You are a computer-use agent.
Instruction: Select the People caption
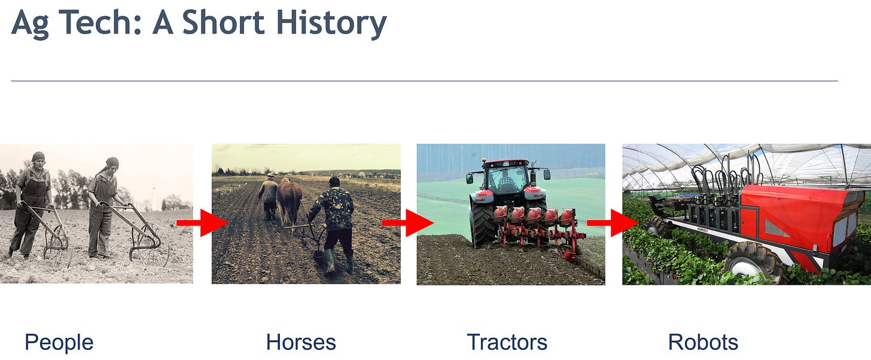point(59,343)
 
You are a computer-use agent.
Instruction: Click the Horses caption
point(301,343)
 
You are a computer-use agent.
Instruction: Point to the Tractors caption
point(507,343)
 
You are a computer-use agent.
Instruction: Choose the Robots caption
point(703,343)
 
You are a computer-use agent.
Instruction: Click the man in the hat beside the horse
point(269,194)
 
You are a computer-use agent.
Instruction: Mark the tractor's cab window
point(506,179)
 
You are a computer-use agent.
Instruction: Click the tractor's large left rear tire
point(482,224)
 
